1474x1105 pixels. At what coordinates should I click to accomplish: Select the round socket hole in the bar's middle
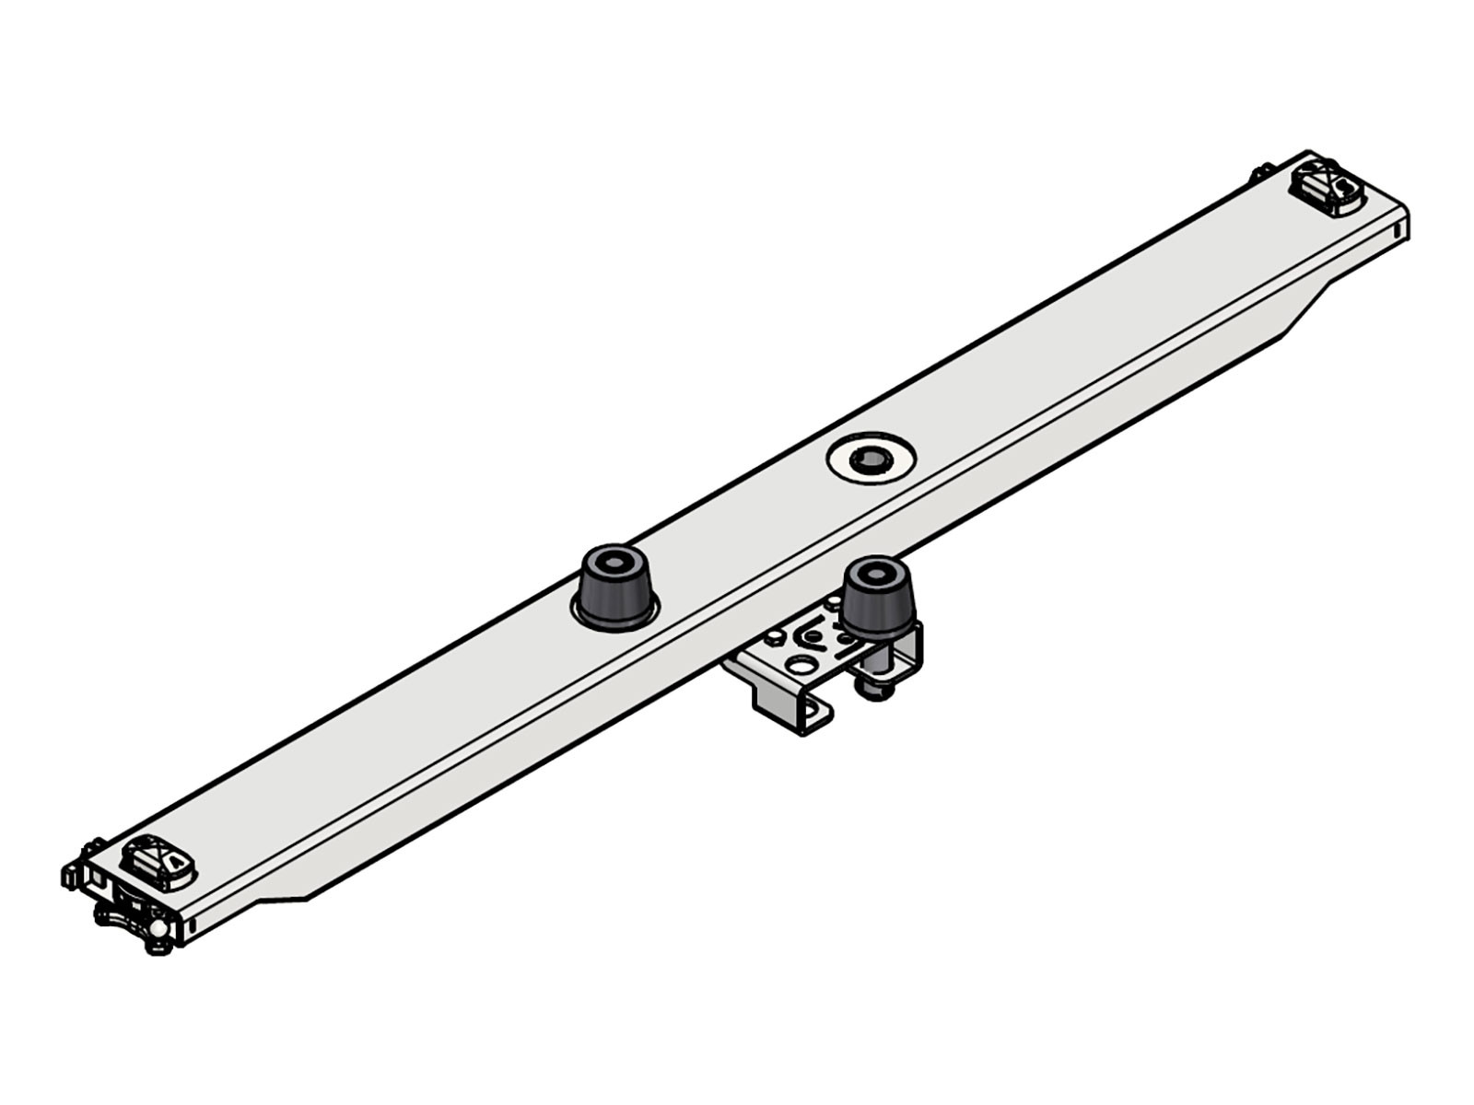point(870,458)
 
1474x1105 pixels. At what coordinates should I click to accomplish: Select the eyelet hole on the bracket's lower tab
point(814,712)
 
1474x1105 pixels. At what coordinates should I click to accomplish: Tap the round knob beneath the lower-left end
point(158,931)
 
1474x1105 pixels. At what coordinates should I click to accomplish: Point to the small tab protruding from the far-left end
point(69,874)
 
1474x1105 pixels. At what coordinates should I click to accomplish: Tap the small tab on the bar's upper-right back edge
point(1259,174)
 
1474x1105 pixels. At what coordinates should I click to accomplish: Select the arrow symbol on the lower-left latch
point(173,861)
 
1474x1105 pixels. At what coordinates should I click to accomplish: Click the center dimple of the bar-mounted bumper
point(611,561)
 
